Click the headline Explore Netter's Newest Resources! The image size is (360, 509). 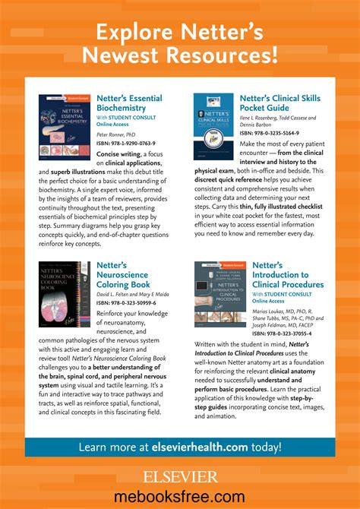(180, 43)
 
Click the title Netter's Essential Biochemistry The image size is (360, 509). (128, 103)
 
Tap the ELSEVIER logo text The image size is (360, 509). (180, 477)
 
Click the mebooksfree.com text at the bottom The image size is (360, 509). (180, 497)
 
